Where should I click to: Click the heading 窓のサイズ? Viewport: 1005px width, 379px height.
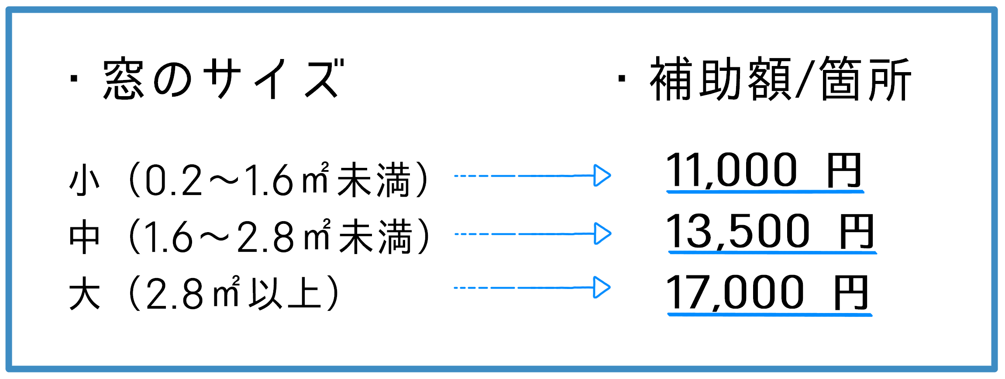[223, 79]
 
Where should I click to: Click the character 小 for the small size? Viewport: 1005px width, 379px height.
[84, 180]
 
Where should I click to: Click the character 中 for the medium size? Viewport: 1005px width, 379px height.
[84, 236]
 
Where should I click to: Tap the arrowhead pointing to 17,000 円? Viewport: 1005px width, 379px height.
[602, 288]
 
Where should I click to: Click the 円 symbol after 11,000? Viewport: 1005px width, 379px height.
[844, 170]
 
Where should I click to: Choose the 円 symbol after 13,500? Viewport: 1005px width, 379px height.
[857, 231]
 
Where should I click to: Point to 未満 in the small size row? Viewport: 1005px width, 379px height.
[374, 180]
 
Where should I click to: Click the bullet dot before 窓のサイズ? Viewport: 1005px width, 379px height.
[74, 79]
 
